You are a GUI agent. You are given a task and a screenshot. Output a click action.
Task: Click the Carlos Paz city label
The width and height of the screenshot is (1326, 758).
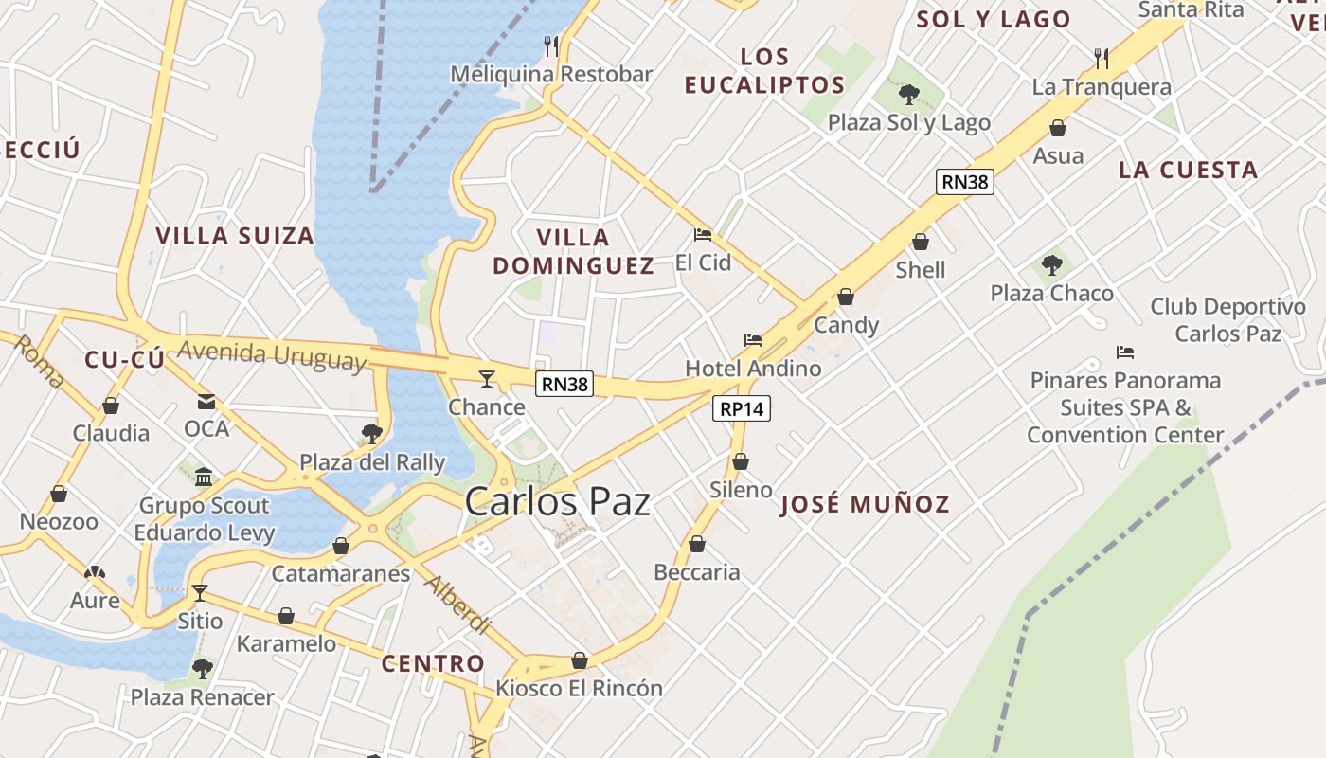557,501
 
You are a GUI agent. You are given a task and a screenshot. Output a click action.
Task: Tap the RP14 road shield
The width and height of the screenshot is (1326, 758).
741,408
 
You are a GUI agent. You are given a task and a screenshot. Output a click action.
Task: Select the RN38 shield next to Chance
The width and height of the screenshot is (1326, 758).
564,384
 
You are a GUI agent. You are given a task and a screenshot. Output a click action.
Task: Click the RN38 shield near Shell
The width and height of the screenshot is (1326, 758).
965,182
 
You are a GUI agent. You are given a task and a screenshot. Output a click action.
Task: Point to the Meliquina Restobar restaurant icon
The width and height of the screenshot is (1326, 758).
551,45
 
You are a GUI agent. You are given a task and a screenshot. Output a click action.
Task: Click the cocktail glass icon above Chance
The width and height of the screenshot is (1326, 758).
487,379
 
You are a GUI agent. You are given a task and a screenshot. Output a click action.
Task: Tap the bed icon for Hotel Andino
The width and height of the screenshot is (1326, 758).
753,339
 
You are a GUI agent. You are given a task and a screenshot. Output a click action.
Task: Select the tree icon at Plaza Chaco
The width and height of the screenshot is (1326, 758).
1051,265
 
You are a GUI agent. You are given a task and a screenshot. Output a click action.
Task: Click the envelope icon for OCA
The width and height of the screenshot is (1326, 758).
206,402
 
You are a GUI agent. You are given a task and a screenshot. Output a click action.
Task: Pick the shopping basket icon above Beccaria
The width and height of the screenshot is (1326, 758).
697,544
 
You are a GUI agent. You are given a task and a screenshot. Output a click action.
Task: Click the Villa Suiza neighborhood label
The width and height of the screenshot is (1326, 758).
234,236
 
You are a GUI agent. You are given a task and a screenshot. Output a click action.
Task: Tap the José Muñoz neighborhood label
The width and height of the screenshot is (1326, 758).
864,504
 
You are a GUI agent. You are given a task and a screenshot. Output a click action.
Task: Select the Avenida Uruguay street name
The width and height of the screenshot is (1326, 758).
272,355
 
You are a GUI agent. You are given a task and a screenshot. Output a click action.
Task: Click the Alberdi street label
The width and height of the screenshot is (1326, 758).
458,604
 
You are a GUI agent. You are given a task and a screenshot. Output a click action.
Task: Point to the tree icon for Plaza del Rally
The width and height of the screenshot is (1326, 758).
371,434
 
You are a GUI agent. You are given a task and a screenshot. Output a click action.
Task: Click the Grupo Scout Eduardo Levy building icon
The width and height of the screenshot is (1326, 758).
204,476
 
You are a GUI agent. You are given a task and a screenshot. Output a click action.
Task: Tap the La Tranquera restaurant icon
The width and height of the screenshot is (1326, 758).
1101,59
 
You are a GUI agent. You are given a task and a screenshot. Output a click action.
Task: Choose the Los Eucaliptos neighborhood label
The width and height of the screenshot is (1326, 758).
764,71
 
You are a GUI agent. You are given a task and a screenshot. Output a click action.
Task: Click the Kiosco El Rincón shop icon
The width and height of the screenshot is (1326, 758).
580,660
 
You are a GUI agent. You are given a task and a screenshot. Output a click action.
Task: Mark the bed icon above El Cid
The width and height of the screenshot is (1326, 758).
703,234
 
